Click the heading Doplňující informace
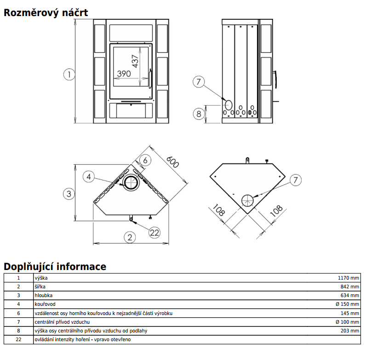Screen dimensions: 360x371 [x=55, y=267]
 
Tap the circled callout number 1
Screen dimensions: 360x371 [x=69, y=74]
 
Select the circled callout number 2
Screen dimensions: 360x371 [x=130, y=237]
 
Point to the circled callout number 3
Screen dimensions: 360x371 [x=69, y=194]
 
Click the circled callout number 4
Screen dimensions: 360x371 [x=89, y=176]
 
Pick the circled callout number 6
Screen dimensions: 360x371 [x=144, y=160]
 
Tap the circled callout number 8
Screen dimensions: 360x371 [x=199, y=113]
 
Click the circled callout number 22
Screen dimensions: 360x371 [x=154, y=232]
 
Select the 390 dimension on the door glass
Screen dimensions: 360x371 [x=124, y=73]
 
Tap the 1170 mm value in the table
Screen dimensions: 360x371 [x=348, y=278]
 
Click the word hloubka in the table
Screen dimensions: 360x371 [x=44, y=295]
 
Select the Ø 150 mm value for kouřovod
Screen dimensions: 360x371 [x=347, y=304]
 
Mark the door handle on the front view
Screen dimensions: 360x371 [x=150, y=78]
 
